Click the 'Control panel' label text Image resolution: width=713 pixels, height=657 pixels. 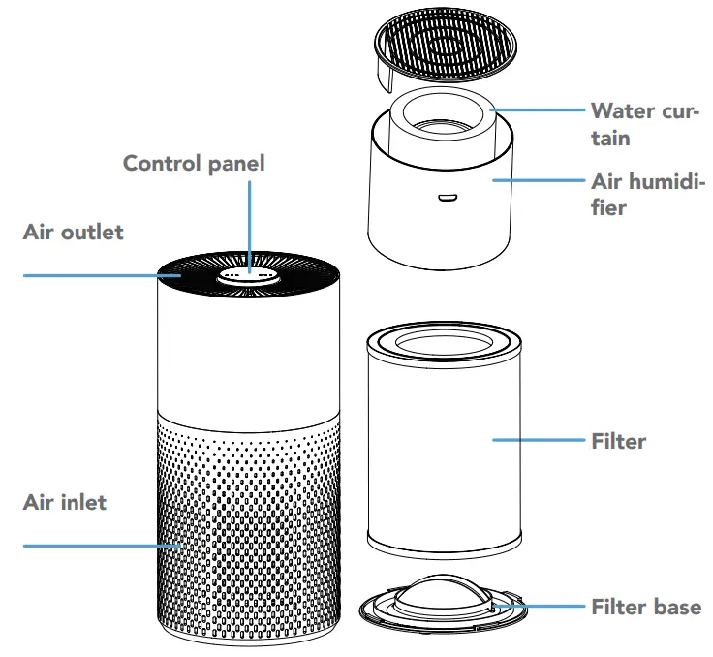click(193, 163)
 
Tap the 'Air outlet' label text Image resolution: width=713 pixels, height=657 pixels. click(74, 233)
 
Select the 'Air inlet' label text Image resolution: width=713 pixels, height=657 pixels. click(65, 503)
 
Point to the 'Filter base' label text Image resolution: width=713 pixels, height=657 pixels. click(645, 608)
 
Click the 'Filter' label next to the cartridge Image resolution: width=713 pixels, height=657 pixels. click(618, 441)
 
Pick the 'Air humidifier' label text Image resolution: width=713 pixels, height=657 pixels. click(647, 194)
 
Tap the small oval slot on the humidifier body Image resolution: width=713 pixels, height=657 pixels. click(446, 199)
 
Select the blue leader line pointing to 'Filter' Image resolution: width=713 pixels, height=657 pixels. click(538, 440)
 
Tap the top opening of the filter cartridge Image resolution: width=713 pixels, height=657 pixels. click(445, 342)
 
